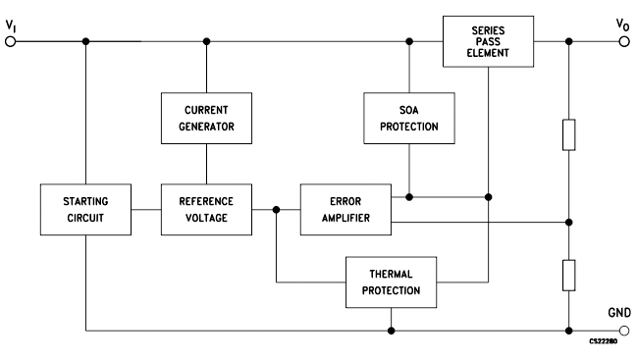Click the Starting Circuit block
point(86,208)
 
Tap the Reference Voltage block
point(206,208)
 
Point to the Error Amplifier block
point(345,208)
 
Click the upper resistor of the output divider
point(568,135)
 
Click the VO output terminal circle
point(623,42)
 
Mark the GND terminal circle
point(623,330)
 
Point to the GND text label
point(618,312)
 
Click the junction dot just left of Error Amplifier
point(278,208)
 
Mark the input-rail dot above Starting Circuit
point(86,42)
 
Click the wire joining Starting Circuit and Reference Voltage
point(146,208)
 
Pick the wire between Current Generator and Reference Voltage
point(206,161)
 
